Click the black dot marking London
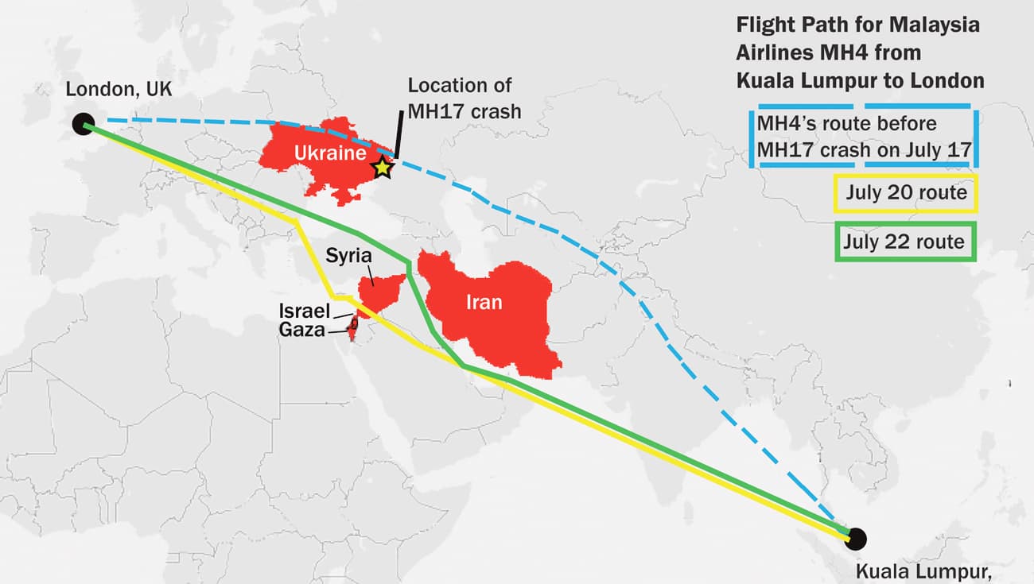tap(82, 123)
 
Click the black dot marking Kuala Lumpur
tap(856, 538)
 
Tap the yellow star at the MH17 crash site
tap(383, 167)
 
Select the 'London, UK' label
tap(119, 89)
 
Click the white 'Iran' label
tap(484, 302)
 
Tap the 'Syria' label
tap(348, 256)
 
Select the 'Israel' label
tap(304, 311)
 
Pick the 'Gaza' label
tap(302, 329)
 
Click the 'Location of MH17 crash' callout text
tap(465, 97)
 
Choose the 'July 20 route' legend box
tap(905, 193)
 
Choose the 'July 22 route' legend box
tap(905, 241)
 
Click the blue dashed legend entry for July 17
tap(863, 137)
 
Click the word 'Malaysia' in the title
tap(936, 25)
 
